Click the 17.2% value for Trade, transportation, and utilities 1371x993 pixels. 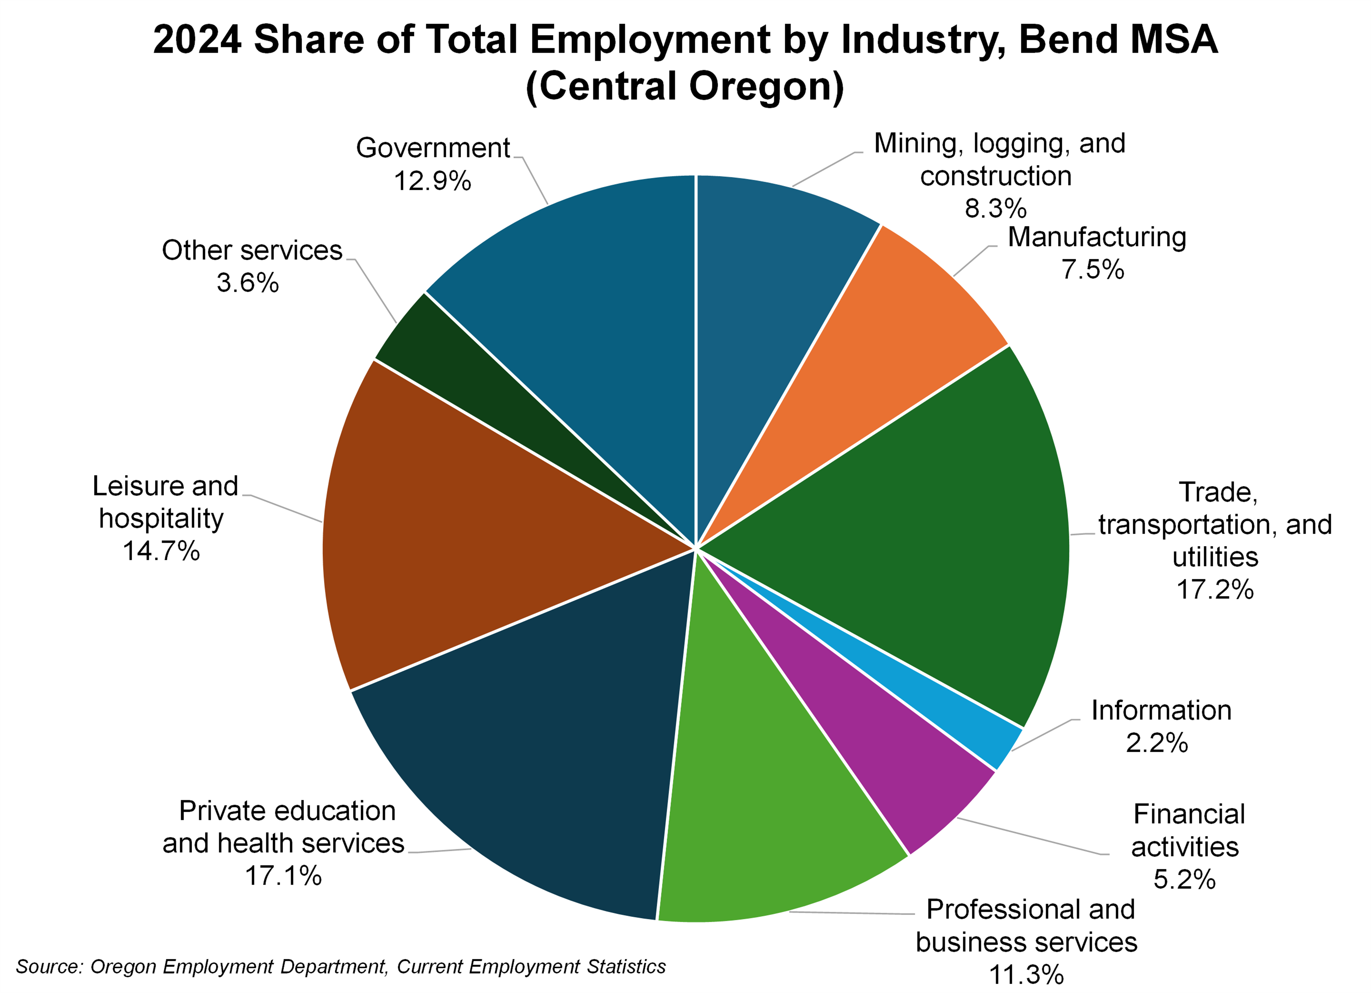1215,589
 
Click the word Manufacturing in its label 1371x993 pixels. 1096,237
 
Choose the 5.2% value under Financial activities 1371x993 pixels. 1184,879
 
